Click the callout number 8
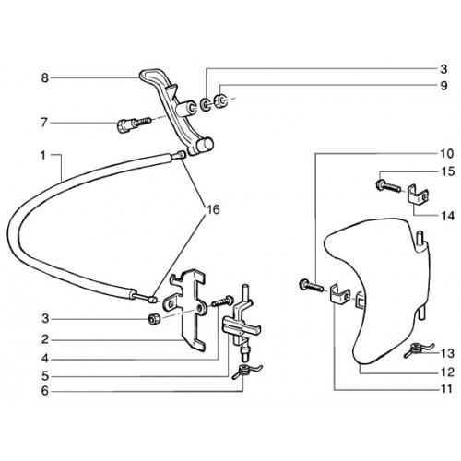[x=45, y=78]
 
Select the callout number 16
[x=213, y=209]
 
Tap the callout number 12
[x=447, y=372]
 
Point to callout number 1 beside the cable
[x=42, y=156]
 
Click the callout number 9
[x=443, y=86]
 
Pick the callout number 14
[x=447, y=216]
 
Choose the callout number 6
[x=45, y=391]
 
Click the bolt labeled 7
[x=134, y=124]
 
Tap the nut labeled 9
[x=221, y=100]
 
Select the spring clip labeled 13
[x=418, y=349]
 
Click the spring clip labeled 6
[x=247, y=371]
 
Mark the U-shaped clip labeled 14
[x=417, y=195]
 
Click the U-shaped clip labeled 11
[x=339, y=294]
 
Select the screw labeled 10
[x=311, y=286]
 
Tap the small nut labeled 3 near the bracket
[x=154, y=319]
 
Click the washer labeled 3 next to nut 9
[x=205, y=104]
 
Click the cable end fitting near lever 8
[x=179, y=155]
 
